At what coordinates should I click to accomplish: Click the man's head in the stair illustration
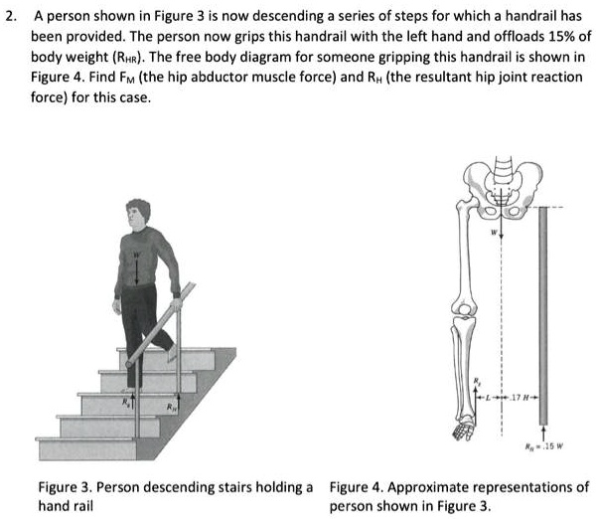141,214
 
